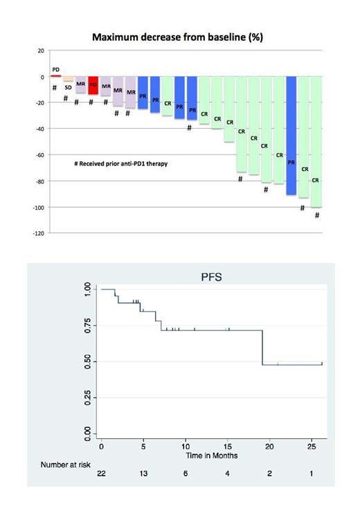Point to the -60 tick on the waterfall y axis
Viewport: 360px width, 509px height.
click(x=40, y=155)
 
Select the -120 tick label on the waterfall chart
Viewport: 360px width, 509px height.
click(x=39, y=233)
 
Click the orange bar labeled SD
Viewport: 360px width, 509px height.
click(x=68, y=80)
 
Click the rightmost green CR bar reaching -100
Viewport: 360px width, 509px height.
click(x=316, y=142)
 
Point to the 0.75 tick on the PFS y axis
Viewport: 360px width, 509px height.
click(x=87, y=325)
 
